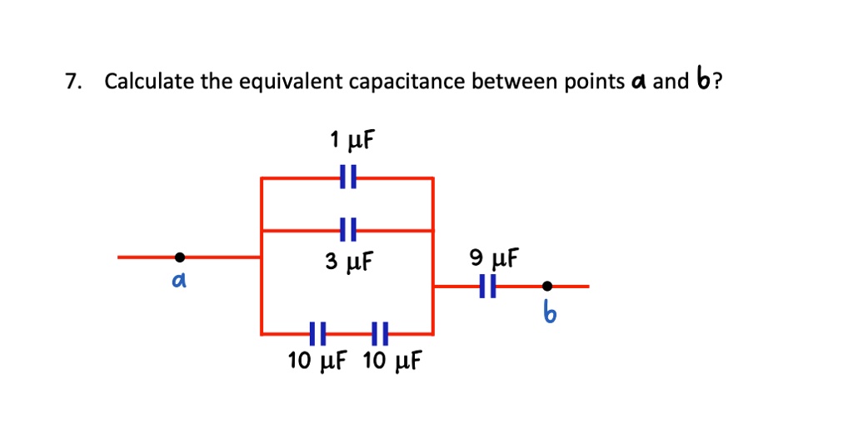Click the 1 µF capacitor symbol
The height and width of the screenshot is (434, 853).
(347, 177)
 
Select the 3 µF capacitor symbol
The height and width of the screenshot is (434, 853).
(347, 230)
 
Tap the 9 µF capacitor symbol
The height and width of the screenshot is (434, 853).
(490, 287)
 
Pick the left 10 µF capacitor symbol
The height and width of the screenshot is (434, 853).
(317, 334)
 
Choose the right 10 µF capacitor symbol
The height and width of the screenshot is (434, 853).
(380, 334)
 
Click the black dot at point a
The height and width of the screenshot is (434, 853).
(180, 257)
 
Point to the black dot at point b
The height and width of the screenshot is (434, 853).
(546, 287)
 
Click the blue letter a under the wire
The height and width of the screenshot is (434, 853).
(177, 283)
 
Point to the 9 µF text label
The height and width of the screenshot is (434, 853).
(495, 257)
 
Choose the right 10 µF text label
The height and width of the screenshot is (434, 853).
(393, 362)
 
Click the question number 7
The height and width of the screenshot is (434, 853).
(74, 82)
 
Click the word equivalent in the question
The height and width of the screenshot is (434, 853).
(291, 82)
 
